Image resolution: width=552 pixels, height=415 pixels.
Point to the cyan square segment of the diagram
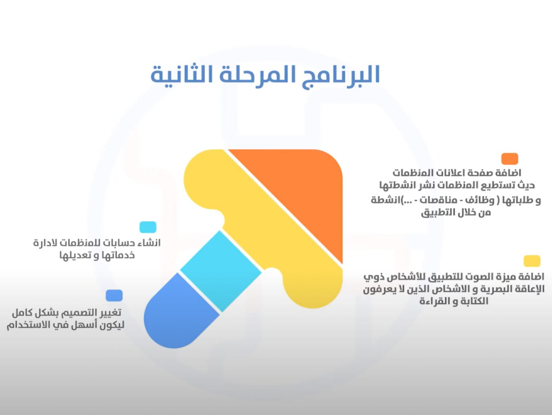(221, 271)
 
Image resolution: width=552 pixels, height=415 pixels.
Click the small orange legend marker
(510, 159)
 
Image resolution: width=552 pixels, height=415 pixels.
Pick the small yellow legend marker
(532, 261)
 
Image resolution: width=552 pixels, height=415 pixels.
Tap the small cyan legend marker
(148, 227)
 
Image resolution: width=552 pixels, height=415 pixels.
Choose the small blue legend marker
(114, 296)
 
